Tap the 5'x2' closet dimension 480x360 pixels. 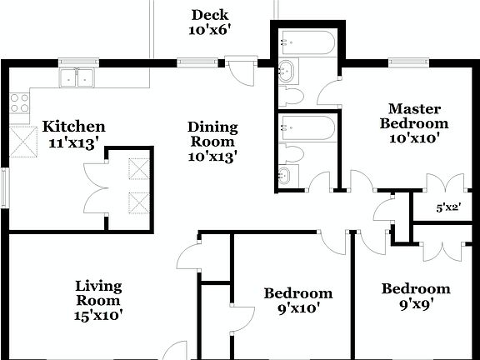[449, 208]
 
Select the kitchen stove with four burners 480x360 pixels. [19, 103]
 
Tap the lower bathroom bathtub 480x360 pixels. [307, 127]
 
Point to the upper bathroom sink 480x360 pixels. [286, 71]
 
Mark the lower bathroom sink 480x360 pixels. [286, 176]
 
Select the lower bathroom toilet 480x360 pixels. [289, 152]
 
